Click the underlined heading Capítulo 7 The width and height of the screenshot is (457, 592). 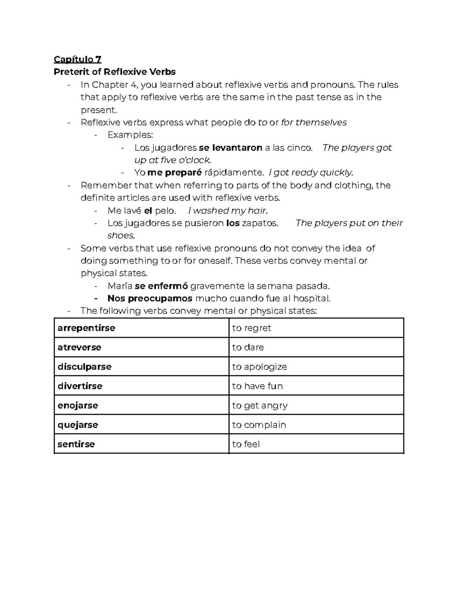pos(77,59)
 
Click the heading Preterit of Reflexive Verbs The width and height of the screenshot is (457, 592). pos(115,72)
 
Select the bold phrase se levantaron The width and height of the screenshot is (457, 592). pos(230,148)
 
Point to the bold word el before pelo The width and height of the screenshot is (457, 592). pos(148,210)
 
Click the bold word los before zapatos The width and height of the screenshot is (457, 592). pos(233,223)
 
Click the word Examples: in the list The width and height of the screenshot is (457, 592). pos(130,135)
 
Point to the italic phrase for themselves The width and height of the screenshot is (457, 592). pos(314,122)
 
